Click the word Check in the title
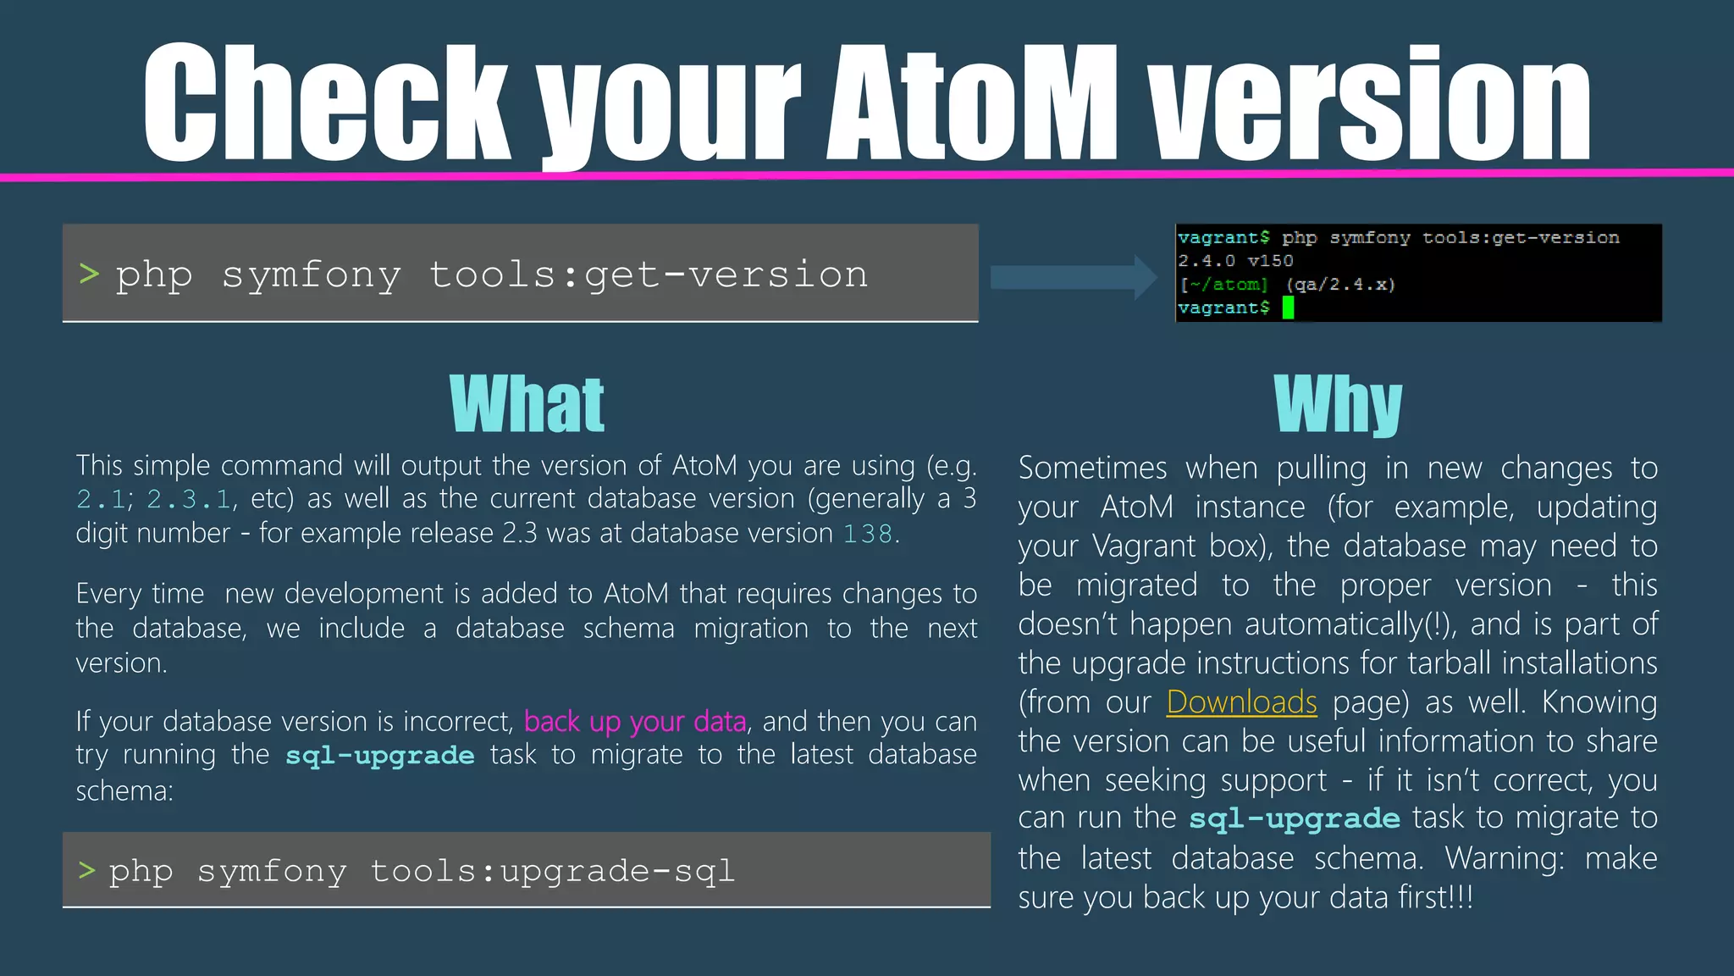pos(326,103)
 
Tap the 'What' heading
pos(527,405)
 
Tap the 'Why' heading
pos(1338,405)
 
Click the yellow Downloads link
pos(1241,702)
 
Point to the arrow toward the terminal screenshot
pos(1074,277)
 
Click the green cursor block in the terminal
pos(1288,308)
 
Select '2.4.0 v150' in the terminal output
pos(1235,261)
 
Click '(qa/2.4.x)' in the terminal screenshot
pos(1340,285)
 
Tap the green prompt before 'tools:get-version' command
pos(89,274)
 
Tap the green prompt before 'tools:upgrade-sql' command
pos(86,870)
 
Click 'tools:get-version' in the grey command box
pos(649,274)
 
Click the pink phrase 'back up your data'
pos(635,721)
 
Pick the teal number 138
pos(868,534)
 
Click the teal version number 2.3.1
pos(189,500)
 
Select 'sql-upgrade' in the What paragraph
pos(379,755)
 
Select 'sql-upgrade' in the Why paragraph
pos(1295,818)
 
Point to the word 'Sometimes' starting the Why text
pos(1092,469)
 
